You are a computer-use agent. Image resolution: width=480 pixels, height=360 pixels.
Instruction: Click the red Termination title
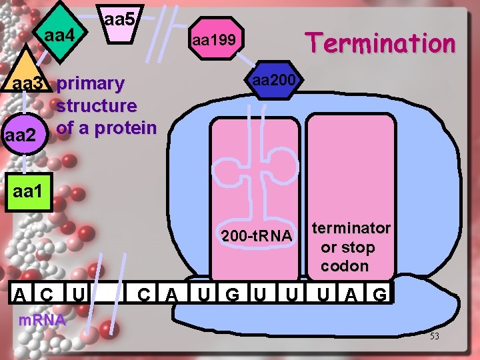coord(379,44)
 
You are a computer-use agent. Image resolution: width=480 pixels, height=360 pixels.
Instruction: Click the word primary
coord(91,84)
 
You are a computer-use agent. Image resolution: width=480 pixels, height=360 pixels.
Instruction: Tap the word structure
coord(97,105)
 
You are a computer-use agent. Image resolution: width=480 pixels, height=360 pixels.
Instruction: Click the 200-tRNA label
coord(256,236)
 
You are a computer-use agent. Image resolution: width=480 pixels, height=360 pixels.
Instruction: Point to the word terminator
coord(351,228)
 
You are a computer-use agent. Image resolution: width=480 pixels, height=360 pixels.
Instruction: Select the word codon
coord(344,265)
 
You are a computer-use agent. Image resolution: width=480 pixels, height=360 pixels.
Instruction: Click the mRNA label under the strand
coord(41,319)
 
